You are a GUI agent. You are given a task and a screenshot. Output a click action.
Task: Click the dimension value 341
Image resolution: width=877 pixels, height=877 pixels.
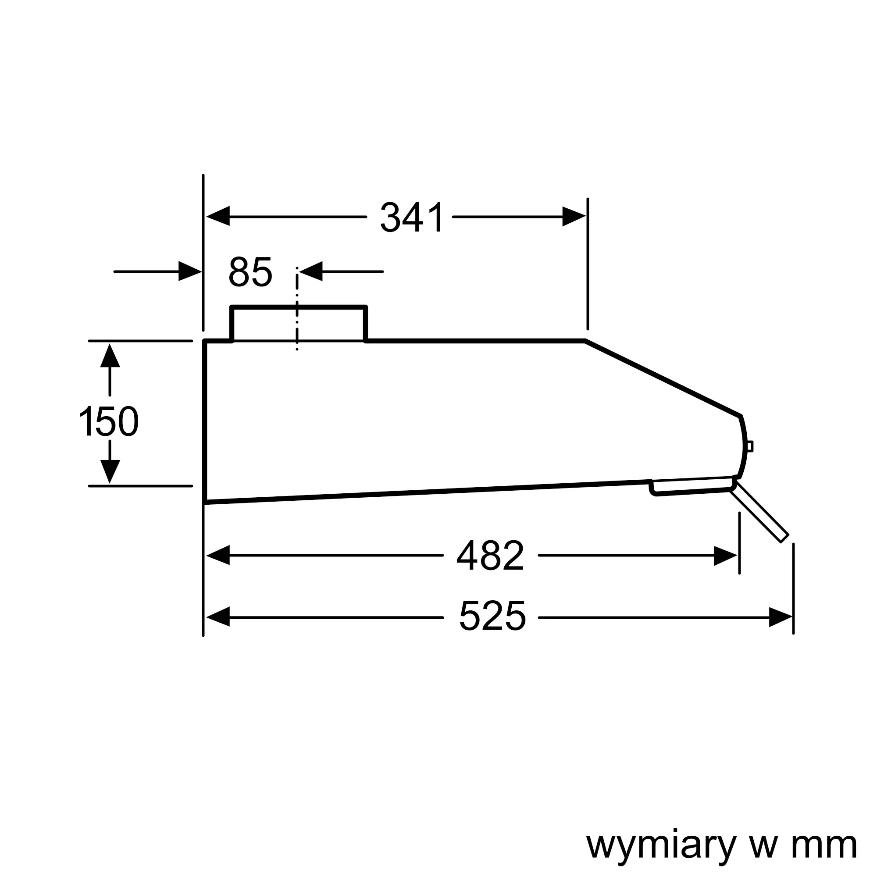click(x=412, y=217)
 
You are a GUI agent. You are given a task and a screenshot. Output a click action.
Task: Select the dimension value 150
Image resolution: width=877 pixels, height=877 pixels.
click(x=109, y=422)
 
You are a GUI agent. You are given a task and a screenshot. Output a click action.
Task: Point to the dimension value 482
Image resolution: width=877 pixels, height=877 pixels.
click(x=490, y=556)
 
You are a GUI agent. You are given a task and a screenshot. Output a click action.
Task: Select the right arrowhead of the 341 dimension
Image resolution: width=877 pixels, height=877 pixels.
click(x=573, y=217)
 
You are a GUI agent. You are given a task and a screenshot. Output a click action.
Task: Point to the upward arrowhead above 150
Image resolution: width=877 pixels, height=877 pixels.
click(x=110, y=357)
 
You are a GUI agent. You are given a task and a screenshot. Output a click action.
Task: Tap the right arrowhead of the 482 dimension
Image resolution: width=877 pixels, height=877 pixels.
click(x=724, y=556)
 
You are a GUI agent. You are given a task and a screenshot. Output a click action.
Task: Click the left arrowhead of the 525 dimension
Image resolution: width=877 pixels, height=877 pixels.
click(x=218, y=617)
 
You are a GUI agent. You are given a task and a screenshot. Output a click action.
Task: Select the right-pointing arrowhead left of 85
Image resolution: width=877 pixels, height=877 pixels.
click(x=189, y=271)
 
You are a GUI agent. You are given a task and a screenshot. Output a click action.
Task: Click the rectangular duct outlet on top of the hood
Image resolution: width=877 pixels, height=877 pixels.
click(x=298, y=324)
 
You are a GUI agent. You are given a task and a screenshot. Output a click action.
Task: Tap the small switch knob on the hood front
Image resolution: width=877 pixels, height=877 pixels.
click(x=750, y=446)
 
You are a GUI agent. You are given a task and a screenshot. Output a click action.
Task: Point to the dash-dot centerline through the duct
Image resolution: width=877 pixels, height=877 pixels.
click(x=297, y=313)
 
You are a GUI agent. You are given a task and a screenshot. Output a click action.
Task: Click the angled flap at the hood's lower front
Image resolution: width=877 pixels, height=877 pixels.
click(x=759, y=513)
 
